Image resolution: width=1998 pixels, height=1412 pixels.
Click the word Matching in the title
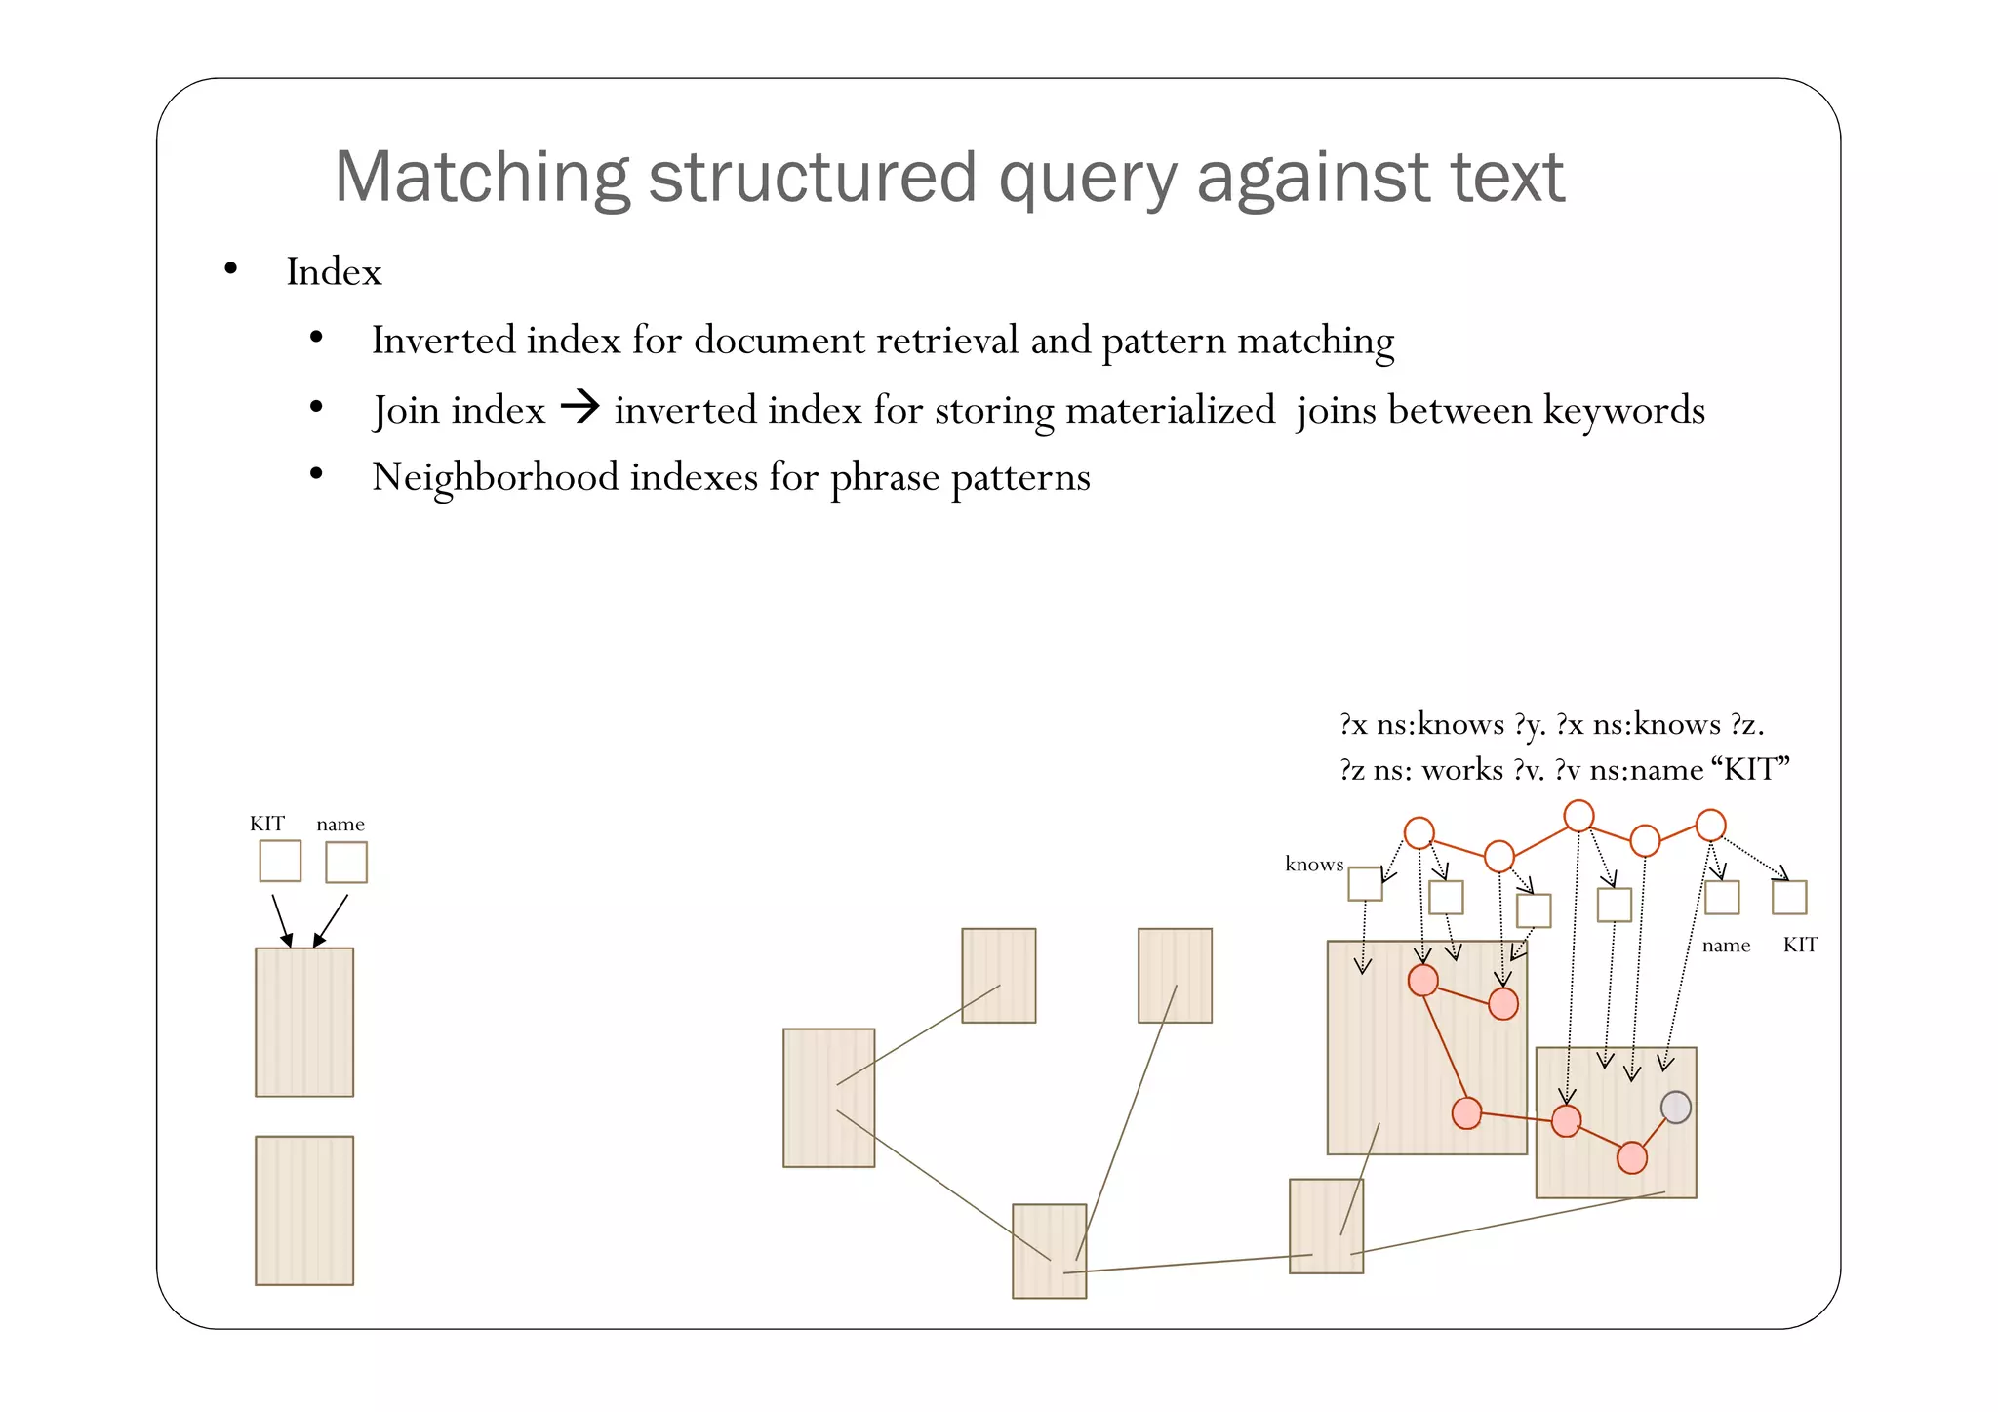point(482,178)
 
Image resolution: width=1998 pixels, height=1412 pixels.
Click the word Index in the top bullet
point(334,272)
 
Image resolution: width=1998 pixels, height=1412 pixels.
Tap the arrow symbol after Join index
point(580,406)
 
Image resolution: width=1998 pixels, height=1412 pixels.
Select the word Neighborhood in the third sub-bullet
point(496,477)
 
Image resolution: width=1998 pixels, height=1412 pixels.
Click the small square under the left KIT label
point(280,861)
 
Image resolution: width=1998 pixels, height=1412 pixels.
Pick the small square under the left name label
point(346,863)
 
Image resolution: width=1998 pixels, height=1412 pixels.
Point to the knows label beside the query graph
point(1313,865)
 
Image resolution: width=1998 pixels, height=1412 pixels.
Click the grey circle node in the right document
point(1675,1107)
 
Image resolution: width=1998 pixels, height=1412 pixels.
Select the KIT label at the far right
point(1800,945)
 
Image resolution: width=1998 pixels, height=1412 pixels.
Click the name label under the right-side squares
point(1726,946)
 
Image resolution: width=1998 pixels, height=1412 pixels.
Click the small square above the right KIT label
point(1789,897)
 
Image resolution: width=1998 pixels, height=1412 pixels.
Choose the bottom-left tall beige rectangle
point(304,1210)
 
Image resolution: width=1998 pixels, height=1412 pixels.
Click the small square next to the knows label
point(1365,884)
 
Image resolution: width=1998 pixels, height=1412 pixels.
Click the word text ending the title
point(1507,178)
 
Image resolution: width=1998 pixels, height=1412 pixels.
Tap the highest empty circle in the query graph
point(1578,815)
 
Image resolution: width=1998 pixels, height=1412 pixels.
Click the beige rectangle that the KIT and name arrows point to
point(304,1022)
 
